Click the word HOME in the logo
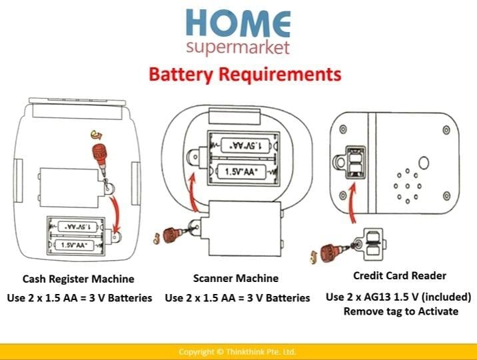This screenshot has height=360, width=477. click(238, 23)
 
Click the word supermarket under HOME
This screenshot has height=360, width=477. click(238, 48)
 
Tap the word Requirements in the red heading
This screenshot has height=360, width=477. click(279, 73)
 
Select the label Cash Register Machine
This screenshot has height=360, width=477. click(79, 279)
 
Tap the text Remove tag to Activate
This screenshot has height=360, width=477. click(401, 311)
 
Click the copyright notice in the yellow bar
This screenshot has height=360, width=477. click(237, 351)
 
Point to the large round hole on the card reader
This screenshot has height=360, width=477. click(423, 163)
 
